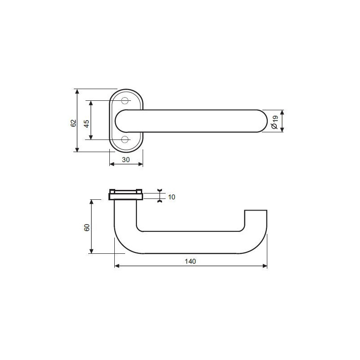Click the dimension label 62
click(x=73, y=123)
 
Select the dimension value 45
click(x=87, y=124)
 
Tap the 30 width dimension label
click(x=126, y=160)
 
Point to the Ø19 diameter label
click(x=274, y=122)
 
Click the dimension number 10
click(x=171, y=197)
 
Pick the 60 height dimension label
click(x=87, y=228)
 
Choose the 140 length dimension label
click(x=190, y=261)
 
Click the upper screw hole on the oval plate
click(x=125, y=100)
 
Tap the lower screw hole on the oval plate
click(x=125, y=139)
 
